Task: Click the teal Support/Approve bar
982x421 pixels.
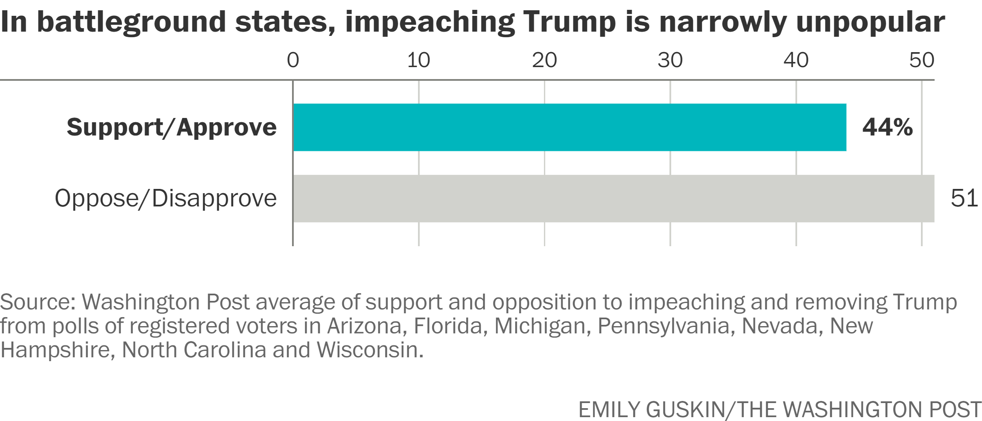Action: (x=569, y=127)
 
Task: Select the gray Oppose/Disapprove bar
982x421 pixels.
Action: (x=613, y=198)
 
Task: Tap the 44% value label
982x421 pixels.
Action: (x=887, y=127)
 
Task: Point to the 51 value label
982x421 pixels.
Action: (x=964, y=198)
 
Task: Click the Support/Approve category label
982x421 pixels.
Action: (x=172, y=127)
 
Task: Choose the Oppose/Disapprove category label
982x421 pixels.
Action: (x=166, y=198)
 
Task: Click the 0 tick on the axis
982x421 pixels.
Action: (x=293, y=60)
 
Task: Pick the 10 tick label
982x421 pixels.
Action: (x=418, y=60)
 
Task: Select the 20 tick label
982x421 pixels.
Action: (x=544, y=60)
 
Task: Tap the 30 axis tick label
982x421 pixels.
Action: (x=670, y=60)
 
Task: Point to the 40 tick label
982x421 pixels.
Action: (x=796, y=60)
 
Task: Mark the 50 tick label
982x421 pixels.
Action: (x=921, y=60)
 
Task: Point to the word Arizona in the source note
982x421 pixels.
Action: (x=364, y=326)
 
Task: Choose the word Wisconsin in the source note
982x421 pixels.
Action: (x=370, y=350)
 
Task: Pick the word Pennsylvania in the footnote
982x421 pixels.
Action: (x=663, y=326)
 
